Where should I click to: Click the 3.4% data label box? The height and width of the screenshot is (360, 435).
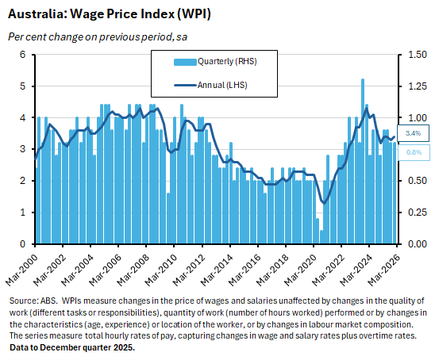[x=413, y=133]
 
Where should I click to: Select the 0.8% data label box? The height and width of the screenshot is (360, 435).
[x=413, y=151]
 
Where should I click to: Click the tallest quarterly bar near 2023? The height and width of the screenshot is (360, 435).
[x=363, y=159]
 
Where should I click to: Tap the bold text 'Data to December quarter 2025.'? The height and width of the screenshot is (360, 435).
[x=71, y=347]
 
